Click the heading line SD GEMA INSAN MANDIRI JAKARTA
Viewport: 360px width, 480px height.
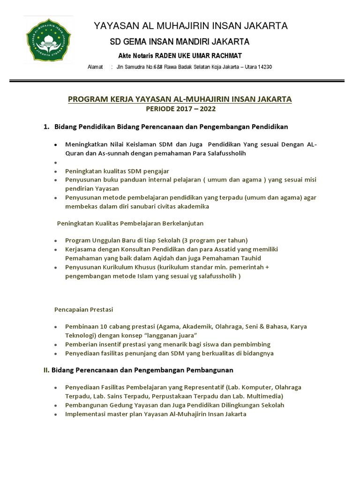[180, 42]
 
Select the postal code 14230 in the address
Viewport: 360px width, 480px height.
[263, 67]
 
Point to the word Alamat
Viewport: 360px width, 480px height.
[95, 67]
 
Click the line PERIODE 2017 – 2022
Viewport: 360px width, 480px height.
[180, 109]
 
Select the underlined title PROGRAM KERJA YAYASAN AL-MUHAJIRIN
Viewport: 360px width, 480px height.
[180, 99]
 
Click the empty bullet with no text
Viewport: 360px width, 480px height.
[56, 163]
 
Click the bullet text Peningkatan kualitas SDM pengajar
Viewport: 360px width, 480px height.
[117, 171]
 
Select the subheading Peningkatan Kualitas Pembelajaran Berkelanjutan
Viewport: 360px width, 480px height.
[130, 223]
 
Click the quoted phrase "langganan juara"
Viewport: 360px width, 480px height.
[173, 336]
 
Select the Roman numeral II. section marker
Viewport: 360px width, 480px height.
[46, 370]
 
